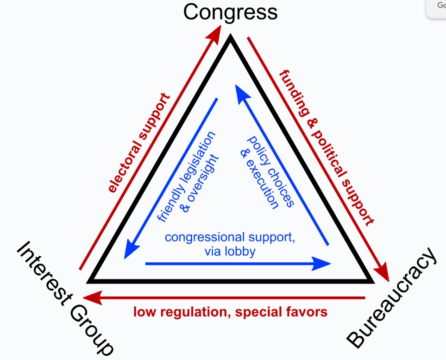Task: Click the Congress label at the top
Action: click(230, 13)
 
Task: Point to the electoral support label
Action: click(139, 143)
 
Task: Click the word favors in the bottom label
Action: click(307, 312)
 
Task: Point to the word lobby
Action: click(244, 252)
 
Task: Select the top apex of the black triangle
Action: click(230, 39)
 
